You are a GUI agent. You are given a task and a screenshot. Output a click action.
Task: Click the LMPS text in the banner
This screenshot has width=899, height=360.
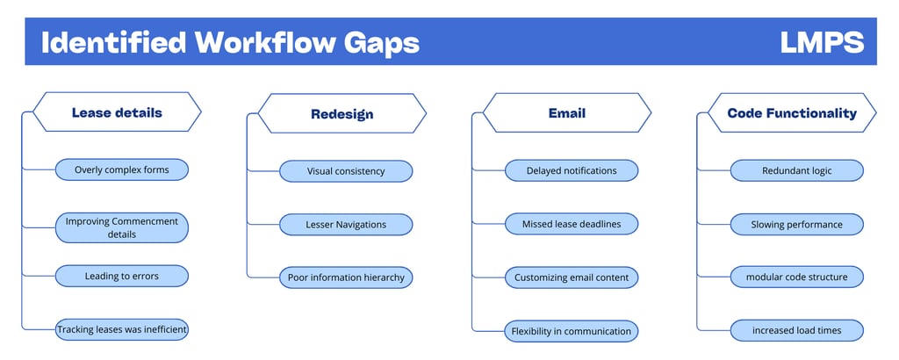pyautogui.click(x=822, y=42)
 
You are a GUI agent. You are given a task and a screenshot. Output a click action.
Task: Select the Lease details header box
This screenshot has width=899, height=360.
pyautogui.click(x=117, y=112)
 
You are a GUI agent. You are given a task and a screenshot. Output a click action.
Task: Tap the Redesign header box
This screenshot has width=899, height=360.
pyautogui.click(x=342, y=114)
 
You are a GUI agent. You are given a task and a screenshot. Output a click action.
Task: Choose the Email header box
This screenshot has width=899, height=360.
pyautogui.click(x=567, y=113)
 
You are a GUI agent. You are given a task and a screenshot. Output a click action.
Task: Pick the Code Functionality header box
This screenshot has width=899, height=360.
pyautogui.click(x=792, y=113)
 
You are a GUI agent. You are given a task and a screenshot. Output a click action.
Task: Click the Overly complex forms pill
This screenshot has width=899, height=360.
pyautogui.click(x=121, y=169)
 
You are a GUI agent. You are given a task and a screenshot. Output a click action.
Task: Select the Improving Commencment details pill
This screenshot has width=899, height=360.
pyautogui.click(x=121, y=227)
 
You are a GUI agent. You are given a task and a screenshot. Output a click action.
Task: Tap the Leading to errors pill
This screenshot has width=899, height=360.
pyautogui.click(x=121, y=276)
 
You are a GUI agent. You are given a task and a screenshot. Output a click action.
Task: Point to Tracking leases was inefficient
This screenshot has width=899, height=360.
pyautogui.click(x=121, y=329)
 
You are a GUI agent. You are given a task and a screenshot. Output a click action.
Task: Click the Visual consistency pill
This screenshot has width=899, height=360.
pyautogui.click(x=346, y=171)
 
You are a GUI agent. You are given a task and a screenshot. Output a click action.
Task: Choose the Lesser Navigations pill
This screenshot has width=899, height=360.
pyautogui.click(x=346, y=224)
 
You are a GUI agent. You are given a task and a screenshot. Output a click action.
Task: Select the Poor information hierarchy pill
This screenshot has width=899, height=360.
pyautogui.click(x=346, y=277)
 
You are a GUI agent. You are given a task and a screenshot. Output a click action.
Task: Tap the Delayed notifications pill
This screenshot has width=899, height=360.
pyautogui.click(x=572, y=170)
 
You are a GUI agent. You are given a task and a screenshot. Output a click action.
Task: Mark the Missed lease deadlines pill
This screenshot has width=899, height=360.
pyautogui.click(x=572, y=224)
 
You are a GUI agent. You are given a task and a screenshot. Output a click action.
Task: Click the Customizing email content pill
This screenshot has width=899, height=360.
pyautogui.click(x=572, y=277)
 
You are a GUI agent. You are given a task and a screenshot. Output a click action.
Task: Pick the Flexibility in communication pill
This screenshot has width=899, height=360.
pyautogui.click(x=572, y=331)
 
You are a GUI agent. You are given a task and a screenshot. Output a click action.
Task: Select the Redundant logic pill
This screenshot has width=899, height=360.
pyautogui.click(x=797, y=170)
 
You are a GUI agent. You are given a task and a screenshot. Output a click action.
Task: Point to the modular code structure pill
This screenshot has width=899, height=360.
pyautogui.click(x=797, y=277)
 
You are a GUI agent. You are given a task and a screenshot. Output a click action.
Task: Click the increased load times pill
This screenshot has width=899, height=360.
pyautogui.click(x=797, y=330)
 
